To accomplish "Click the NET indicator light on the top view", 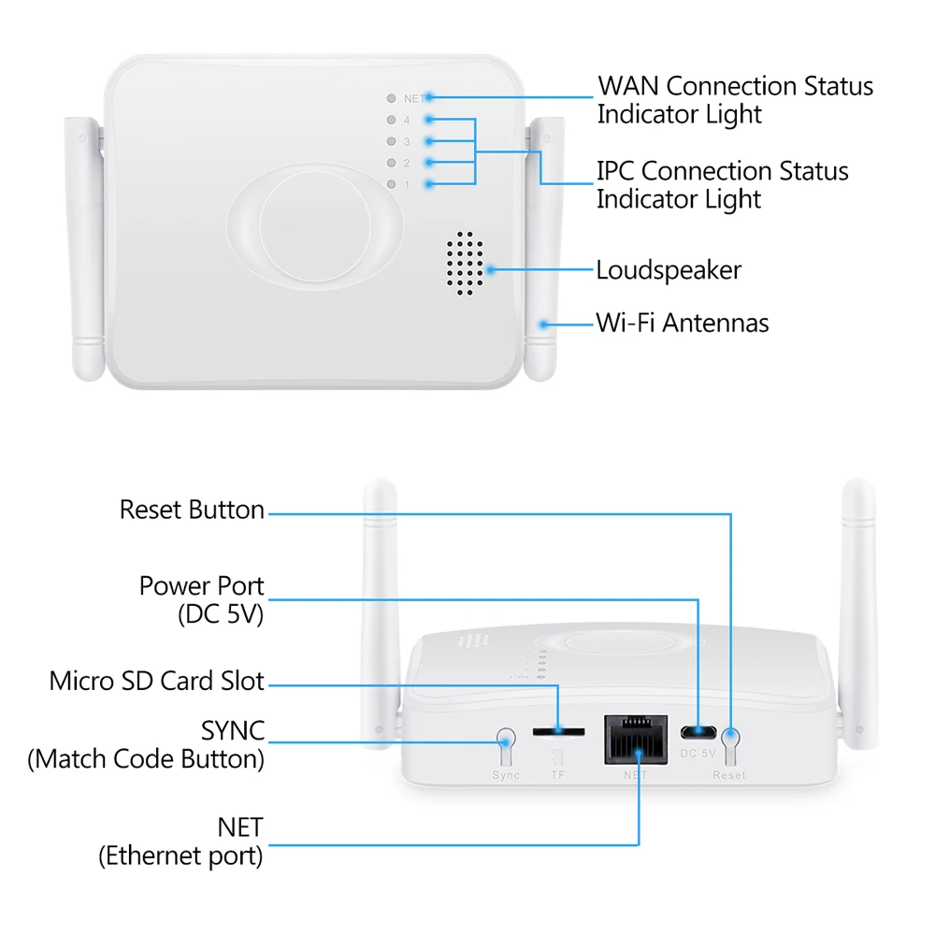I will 391,98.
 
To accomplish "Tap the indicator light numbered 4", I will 391,120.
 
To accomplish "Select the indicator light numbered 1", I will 391,184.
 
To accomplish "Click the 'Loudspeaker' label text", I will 669,271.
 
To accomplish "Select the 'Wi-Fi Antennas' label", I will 683,324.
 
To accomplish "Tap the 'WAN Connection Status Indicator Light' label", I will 735,100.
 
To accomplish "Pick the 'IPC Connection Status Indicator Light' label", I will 723,185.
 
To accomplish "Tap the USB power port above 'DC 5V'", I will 695,731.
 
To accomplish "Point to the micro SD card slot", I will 559,730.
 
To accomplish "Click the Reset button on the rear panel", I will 728,745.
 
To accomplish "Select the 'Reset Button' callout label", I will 192,511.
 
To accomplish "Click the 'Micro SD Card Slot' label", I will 157,681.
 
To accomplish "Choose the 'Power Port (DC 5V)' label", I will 201,599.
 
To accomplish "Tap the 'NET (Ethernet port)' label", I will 181,841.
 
